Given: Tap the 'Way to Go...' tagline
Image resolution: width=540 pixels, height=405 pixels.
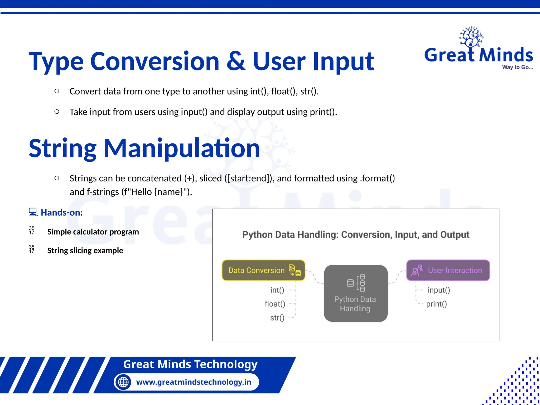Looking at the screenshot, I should (x=517, y=67).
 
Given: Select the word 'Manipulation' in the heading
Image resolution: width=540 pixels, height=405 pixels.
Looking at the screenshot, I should (x=182, y=149).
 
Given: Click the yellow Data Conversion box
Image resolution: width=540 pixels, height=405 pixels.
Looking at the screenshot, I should (x=263, y=270).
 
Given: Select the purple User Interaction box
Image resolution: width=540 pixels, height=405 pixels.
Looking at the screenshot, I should (x=448, y=270).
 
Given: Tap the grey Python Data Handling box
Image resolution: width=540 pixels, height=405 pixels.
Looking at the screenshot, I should (x=355, y=293).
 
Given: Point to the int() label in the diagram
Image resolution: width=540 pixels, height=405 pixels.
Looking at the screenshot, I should (x=277, y=290).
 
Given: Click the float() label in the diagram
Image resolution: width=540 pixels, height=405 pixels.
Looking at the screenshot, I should (x=275, y=304).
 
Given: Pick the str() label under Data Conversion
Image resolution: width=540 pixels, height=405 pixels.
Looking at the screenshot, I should (x=277, y=318).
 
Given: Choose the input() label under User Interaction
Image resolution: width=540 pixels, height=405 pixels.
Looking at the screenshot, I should (x=439, y=290).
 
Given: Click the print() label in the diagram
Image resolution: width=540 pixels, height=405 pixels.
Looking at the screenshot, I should (x=436, y=304).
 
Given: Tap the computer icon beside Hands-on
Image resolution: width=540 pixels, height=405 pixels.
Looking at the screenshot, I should (x=33, y=212).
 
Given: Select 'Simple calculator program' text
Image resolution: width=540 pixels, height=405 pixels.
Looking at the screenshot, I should (x=93, y=232).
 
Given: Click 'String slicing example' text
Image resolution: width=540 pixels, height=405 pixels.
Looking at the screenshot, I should (x=85, y=250).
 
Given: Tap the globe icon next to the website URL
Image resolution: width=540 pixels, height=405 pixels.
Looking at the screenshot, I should (x=123, y=382).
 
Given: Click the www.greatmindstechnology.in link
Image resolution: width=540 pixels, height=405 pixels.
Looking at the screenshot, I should (x=194, y=382).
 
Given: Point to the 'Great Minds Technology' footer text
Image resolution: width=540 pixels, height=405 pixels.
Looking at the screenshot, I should (x=190, y=364).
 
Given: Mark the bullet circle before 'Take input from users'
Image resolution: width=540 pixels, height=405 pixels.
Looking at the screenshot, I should (x=57, y=112).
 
